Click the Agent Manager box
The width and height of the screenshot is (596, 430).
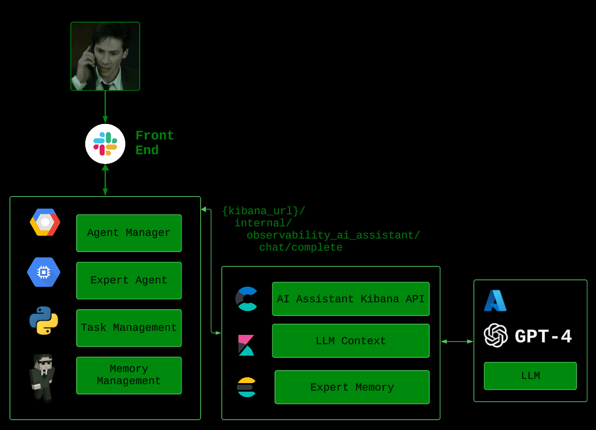129,233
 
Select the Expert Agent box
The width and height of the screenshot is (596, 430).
129,280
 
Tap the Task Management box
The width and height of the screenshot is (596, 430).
129,328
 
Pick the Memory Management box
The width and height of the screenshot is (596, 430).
129,375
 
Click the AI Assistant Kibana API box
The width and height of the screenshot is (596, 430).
351,299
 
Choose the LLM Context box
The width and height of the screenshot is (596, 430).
351,341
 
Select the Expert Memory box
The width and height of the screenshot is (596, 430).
352,387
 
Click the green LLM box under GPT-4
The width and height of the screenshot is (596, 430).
530,375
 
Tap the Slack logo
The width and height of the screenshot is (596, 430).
105,144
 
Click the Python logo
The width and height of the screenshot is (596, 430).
44,320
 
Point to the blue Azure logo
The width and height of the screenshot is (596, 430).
495,301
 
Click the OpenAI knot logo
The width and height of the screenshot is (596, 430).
495,335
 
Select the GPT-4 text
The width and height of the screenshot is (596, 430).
543,336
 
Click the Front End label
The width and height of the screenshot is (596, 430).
154,142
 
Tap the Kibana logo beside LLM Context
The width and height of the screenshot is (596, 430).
246,345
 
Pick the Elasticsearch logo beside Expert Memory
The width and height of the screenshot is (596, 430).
247,387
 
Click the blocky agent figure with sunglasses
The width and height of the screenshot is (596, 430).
43,378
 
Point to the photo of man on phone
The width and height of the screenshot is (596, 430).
105,56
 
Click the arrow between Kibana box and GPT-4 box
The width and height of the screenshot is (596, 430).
457,342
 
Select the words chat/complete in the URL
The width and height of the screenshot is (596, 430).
301,247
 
